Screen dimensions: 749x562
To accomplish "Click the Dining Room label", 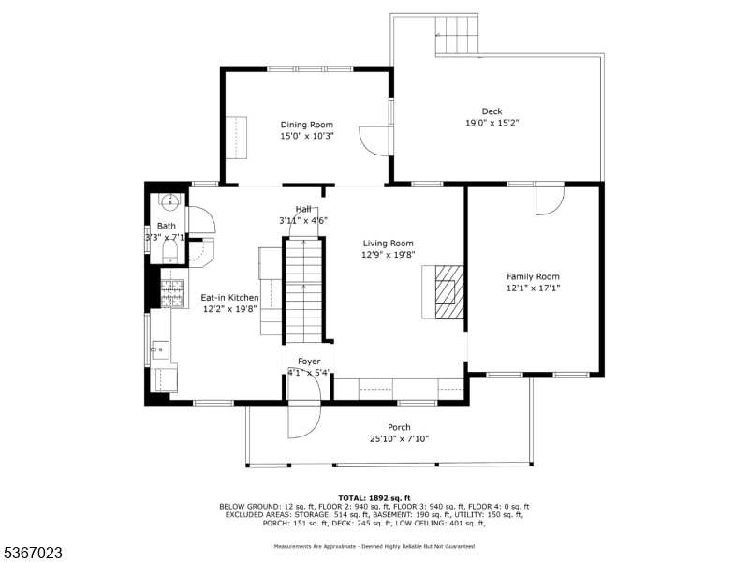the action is [307, 125].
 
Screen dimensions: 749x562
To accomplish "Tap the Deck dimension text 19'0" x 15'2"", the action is [492, 123].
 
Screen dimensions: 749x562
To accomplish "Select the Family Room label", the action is [533, 276].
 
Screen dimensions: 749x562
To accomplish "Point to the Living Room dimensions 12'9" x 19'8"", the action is [388, 255].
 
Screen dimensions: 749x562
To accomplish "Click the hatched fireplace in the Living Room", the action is [449, 292].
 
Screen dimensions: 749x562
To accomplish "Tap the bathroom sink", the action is [170, 201].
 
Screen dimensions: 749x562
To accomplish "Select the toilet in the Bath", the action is [170, 251].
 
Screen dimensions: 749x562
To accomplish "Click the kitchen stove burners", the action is [172, 293].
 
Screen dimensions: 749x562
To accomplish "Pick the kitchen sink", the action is [160, 350].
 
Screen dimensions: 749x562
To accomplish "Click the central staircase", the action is [303, 290].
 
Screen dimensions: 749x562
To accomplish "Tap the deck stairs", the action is [457, 36].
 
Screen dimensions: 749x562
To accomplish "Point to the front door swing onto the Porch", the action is [303, 421].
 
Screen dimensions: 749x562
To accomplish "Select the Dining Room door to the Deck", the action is [375, 140].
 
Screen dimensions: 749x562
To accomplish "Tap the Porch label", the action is [399, 427].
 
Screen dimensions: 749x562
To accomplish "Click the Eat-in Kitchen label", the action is [229, 298].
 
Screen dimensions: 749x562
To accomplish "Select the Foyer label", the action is [309, 362].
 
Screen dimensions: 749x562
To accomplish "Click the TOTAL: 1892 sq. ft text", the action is [374, 498].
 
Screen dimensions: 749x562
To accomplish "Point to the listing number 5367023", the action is [31, 553].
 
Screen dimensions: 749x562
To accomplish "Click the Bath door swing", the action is [201, 220].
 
